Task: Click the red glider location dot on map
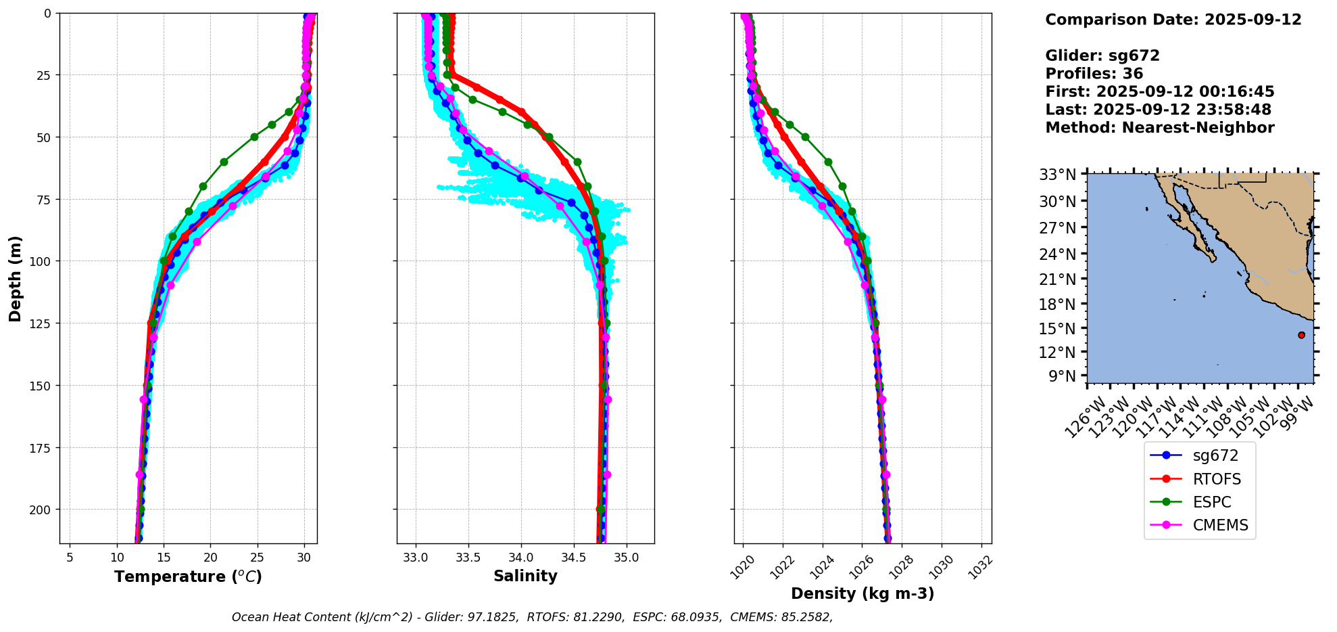[x=1301, y=335]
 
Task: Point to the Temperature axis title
[x=188, y=577]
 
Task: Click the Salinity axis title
[x=525, y=577]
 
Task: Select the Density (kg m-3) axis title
[x=862, y=594]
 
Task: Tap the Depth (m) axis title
[x=16, y=278]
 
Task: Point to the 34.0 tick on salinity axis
[x=521, y=558]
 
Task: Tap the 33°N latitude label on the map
[x=1057, y=175]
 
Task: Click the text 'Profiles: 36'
[x=1094, y=74]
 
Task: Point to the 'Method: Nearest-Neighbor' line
[x=1159, y=128]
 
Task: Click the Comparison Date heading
[x=1173, y=20]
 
